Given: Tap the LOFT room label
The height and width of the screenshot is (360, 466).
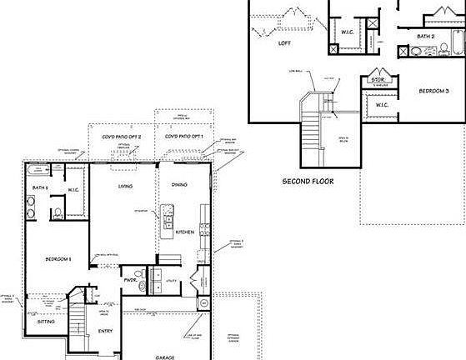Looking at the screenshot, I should (284, 42).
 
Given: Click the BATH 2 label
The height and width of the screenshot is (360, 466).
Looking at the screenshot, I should (426, 36).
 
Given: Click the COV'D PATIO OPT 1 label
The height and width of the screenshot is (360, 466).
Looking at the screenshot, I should (183, 136).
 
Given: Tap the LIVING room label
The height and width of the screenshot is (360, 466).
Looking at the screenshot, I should (126, 186).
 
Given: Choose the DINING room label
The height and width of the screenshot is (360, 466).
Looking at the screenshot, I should (179, 184).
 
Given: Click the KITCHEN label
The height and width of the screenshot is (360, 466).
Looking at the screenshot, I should (185, 232).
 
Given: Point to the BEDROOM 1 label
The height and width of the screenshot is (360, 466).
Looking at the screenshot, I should (58, 259).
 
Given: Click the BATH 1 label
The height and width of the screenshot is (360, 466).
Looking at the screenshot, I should (39, 188).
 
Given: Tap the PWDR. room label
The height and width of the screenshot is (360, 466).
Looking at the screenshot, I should (130, 282).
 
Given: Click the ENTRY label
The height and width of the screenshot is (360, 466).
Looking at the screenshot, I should (105, 331).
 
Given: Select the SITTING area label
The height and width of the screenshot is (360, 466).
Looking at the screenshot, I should (46, 320).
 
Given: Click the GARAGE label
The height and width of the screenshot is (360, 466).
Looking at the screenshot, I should (164, 357).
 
